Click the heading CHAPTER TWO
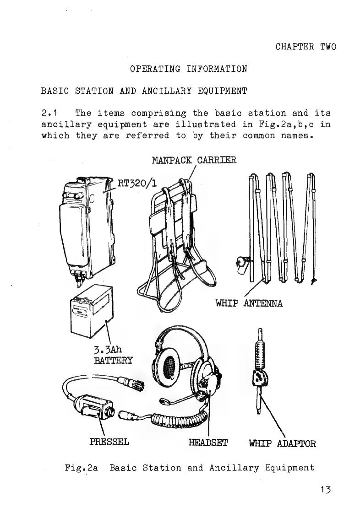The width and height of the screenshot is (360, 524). coord(305,47)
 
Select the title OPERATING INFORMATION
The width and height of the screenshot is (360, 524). coord(188,69)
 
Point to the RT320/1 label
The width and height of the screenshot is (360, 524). coord(137,184)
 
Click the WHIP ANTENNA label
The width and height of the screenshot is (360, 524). coord(249,303)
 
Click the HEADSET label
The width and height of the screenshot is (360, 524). coord(208,443)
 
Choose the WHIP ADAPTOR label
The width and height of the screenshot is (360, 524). coord(282,443)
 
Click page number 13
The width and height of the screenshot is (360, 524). coord(326,489)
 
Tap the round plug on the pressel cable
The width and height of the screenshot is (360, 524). coord(137,383)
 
